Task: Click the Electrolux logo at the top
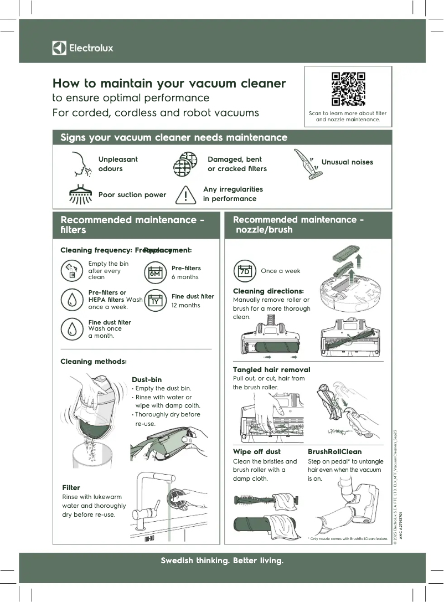[82, 48]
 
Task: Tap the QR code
[348, 89]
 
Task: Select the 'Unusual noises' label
[347, 162]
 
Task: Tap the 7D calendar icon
[244, 271]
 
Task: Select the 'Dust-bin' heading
[147, 380]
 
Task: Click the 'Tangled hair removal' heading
[271, 369]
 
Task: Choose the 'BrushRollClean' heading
[334, 452]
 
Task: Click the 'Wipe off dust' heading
[257, 452]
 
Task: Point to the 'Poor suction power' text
[132, 195]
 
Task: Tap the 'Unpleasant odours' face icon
[78, 163]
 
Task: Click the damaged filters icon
[185, 164]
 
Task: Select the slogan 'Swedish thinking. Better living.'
[222, 561]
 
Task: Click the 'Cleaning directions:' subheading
[269, 291]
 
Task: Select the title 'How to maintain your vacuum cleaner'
[169, 84]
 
